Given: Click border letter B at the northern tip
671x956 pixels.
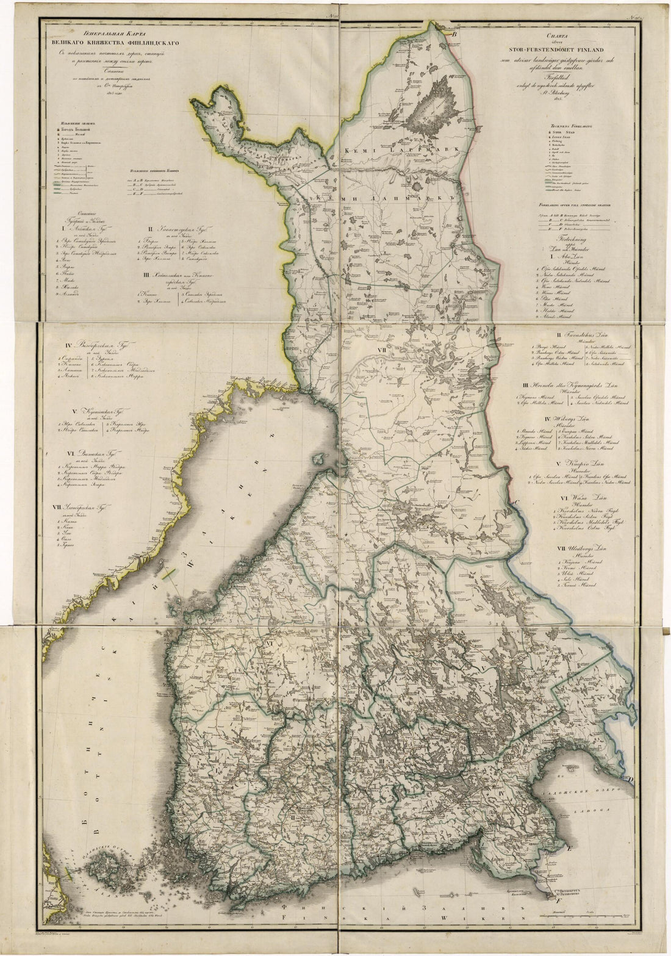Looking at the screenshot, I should (454, 35).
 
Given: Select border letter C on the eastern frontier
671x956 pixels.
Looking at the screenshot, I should (515, 502).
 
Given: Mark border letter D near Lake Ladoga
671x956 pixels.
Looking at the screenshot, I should (631, 779).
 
